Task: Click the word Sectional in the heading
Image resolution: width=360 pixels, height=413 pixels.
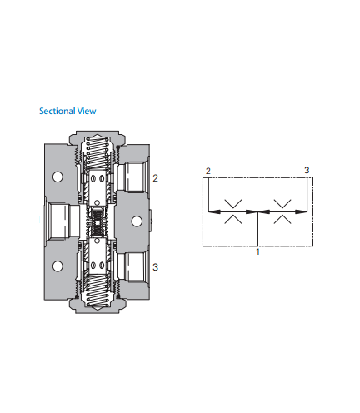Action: coord(57,111)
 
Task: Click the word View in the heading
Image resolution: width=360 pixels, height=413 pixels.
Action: coord(87,111)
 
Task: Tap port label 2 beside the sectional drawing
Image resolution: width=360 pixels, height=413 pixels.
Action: coord(155,178)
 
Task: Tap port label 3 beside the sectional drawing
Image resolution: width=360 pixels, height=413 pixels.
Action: coord(155,267)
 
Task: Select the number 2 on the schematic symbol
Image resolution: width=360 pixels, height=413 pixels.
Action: coord(208,171)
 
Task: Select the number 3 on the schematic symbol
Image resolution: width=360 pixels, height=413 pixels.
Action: coord(307,170)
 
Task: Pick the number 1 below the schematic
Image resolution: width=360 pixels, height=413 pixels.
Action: coord(258,251)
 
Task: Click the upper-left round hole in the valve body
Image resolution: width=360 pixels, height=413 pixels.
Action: coord(57,177)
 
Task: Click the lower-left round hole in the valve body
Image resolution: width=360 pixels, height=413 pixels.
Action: coord(57,266)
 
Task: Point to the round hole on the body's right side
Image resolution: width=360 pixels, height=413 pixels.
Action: coord(137,221)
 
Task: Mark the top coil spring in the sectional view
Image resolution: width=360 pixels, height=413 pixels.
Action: coord(97,153)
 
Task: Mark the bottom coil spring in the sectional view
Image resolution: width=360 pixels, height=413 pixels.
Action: coord(97,291)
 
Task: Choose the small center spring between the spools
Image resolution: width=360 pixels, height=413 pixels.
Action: coord(97,221)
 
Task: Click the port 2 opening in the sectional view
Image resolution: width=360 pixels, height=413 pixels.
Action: coord(133,177)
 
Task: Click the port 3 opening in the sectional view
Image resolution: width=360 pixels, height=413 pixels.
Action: coord(133,267)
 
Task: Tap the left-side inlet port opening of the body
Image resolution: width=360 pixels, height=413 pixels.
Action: coord(61,221)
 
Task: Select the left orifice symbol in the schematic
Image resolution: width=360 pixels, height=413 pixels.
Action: coord(233,211)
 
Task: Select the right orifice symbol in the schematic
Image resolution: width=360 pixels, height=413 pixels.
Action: coord(282,211)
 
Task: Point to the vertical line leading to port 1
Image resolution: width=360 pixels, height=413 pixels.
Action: coord(258,229)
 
